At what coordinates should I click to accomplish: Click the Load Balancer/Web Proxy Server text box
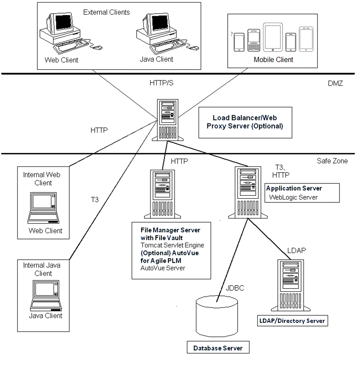[245, 122]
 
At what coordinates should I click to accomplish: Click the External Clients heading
[106, 12]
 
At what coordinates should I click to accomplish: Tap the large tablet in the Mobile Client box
[273, 37]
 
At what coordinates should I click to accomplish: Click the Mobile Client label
[273, 60]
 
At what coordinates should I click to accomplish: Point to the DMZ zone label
[335, 84]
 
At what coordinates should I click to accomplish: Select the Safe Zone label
[332, 161]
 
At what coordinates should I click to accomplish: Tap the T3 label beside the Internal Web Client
[95, 200]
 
